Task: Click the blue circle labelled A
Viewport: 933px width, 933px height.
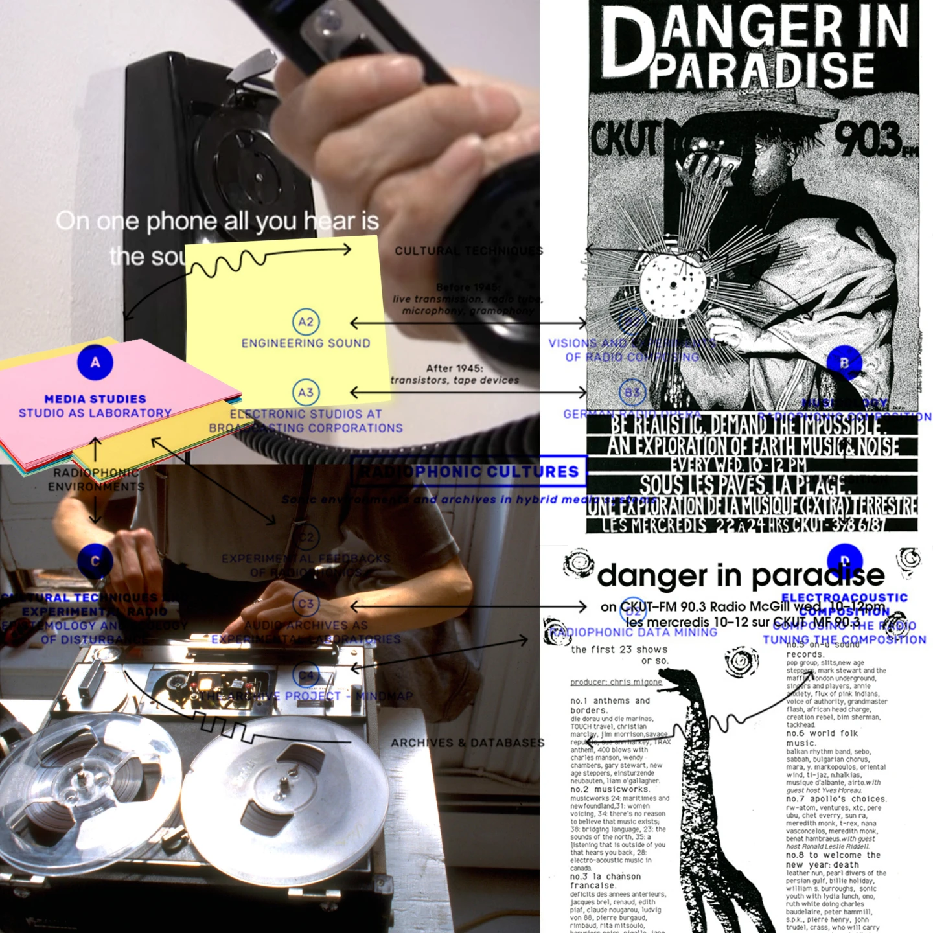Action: tap(95, 362)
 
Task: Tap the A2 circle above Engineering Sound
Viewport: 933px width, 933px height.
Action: tap(306, 322)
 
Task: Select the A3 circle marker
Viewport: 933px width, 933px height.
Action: tap(306, 393)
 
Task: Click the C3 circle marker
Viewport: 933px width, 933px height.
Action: tap(306, 605)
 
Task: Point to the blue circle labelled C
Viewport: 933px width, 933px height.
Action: tap(95, 561)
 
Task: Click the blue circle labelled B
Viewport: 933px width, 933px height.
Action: tap(844, 363)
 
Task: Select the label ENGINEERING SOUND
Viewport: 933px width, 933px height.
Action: tap(306, 343)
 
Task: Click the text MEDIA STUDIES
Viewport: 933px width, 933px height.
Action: tap(95, 399)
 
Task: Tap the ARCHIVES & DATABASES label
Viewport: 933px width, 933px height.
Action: tap(467, 743)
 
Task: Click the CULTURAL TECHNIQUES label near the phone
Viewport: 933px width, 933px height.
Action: tap(468, 251)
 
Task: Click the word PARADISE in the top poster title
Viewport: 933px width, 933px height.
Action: tap(761, 70)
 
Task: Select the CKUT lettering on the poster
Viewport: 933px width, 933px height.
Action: tap(623, 139)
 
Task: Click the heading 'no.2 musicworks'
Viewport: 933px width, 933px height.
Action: tap(610, 790)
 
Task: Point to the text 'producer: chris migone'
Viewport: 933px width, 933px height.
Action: tap(616, 682)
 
